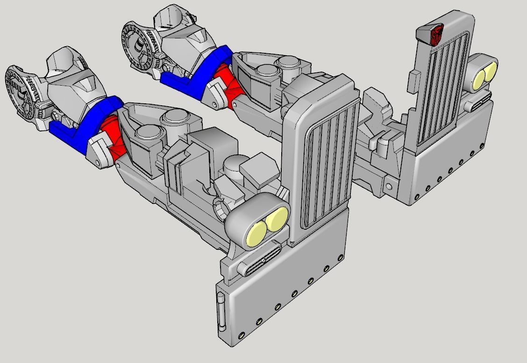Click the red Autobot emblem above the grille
437,35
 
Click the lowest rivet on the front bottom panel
242,335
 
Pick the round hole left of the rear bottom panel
389,187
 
